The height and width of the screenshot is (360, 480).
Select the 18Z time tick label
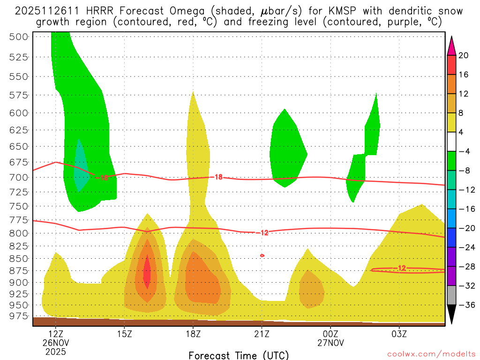(193, 334)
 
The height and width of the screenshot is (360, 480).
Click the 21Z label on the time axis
(262, 334)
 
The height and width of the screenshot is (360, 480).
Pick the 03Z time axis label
(399, 334)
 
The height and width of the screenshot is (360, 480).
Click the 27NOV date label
(330, 343)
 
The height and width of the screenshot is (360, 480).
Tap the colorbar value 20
(464, 55)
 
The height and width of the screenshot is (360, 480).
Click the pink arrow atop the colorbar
(451, 46)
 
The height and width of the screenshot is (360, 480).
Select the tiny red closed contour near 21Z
(262, 255)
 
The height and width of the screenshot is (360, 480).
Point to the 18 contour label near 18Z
(218, 177)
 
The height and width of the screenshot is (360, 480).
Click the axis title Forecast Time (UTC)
(239, 355)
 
